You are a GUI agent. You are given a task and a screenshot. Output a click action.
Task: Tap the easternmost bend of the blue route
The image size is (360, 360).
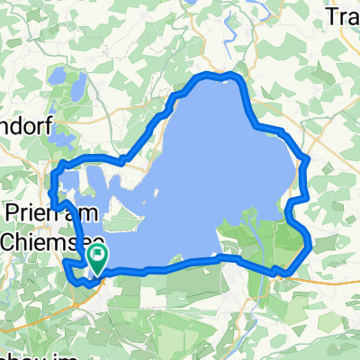[x=310, y=241]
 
